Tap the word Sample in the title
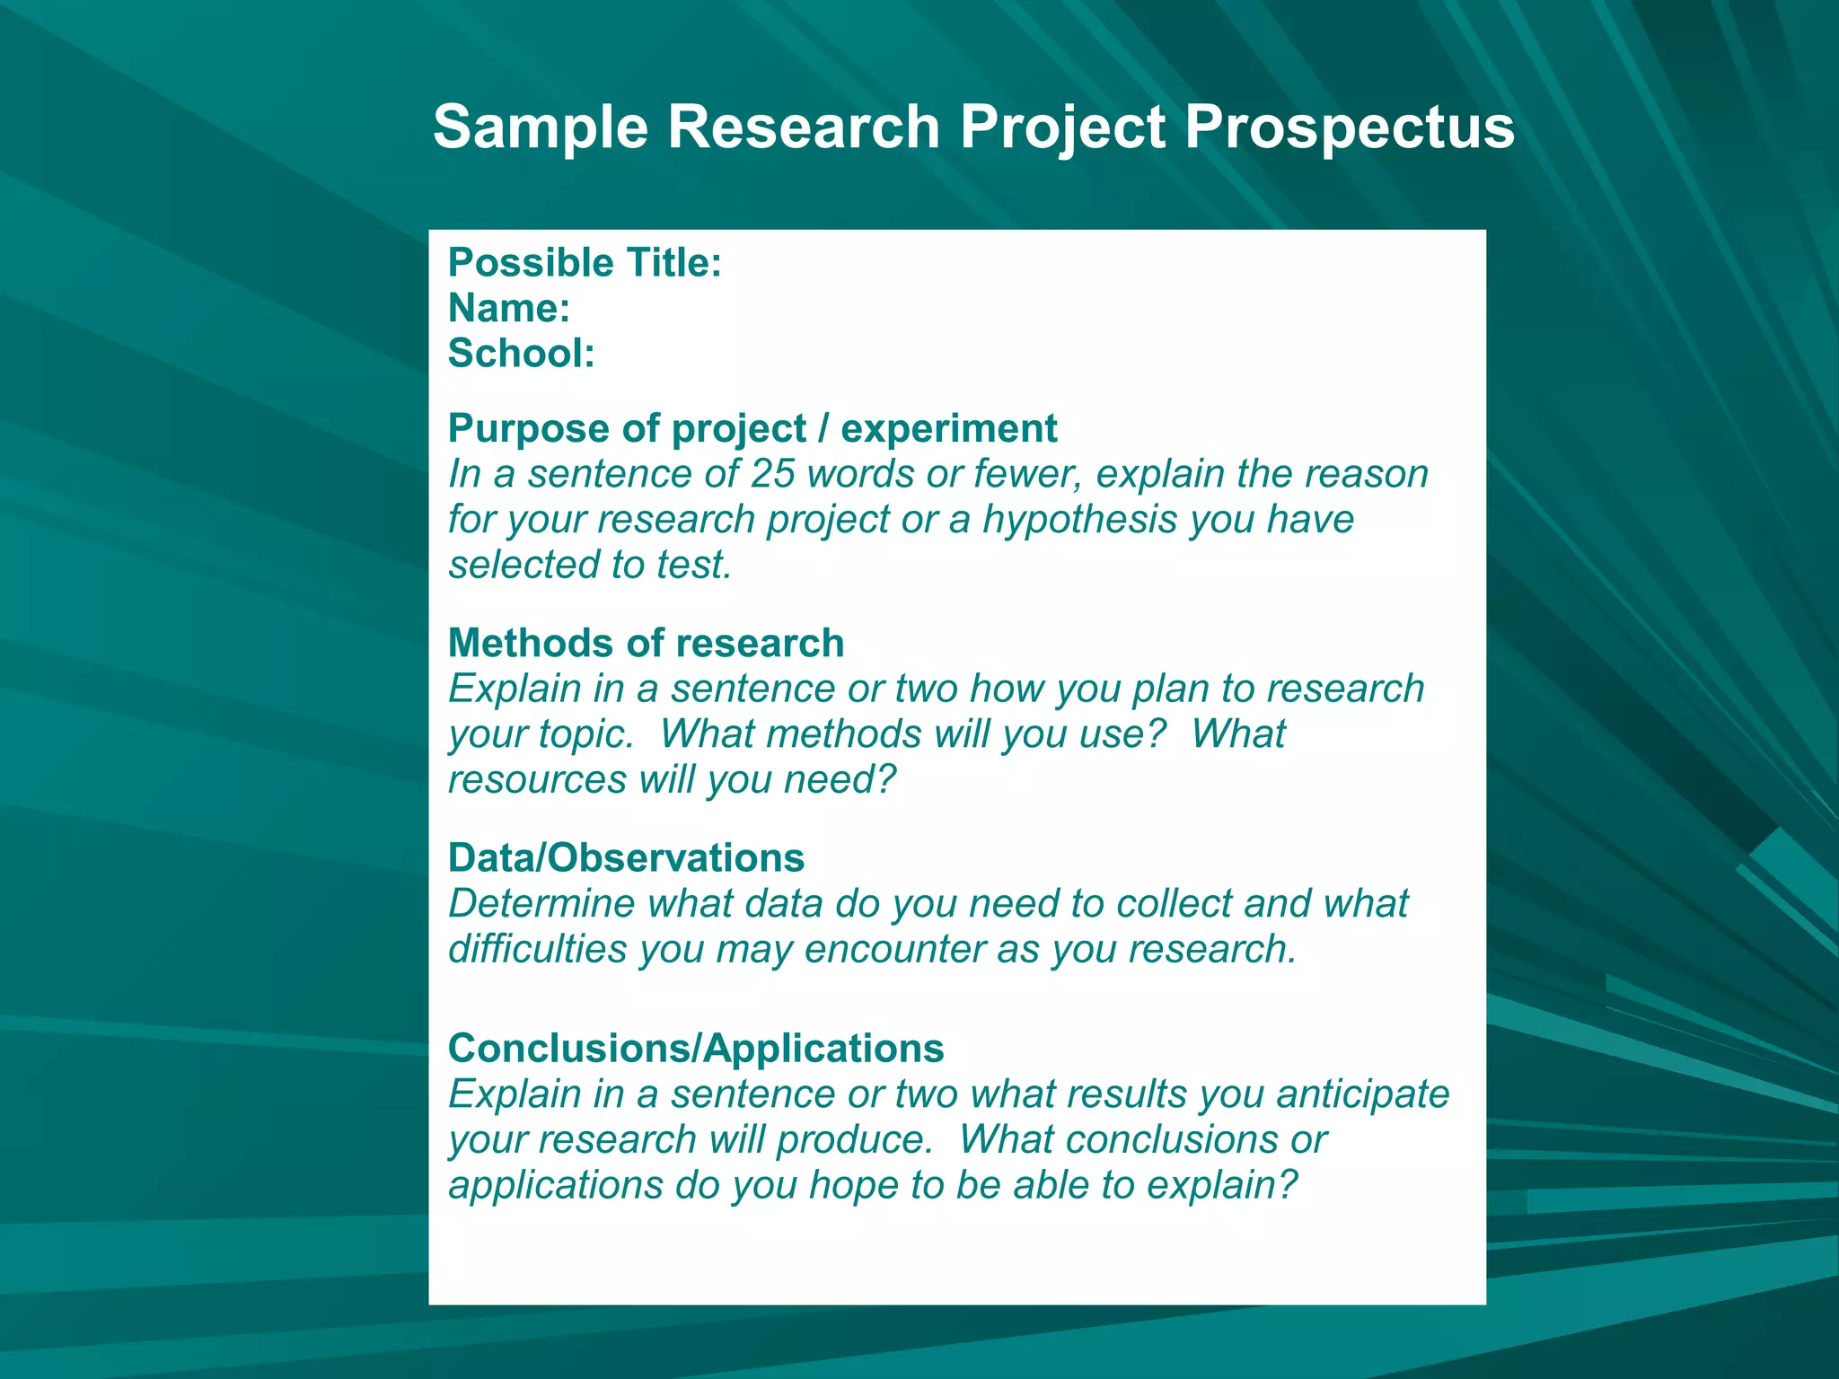[x=540, y=127]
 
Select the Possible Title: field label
[x=585, y=263]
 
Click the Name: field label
[x=509, y=309]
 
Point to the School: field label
[x=521, y=354]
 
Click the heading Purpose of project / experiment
[x=752, y=428]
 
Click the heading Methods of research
[x=646, y=643]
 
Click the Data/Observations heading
[x=626, y=858]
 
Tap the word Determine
[x=541, y=904]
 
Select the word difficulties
[x=537, y=949]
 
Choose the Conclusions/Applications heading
[x=696, y=1049]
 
